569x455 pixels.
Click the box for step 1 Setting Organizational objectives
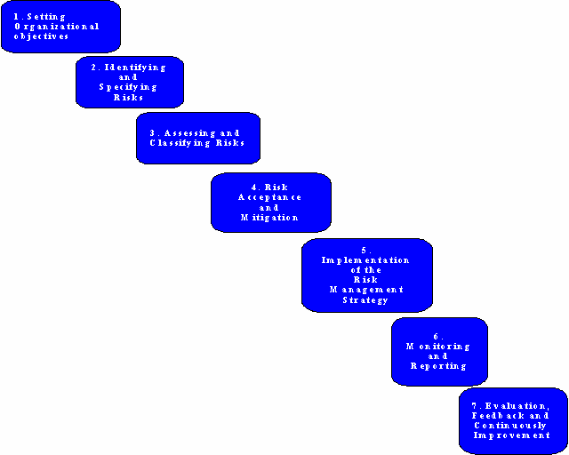point(60,27)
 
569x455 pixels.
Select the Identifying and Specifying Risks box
point(129,82)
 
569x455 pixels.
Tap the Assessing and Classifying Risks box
point(197,138)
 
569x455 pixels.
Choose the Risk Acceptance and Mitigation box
point(270,202)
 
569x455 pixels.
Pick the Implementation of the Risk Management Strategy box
point(366,275)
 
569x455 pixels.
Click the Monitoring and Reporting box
point(439,351)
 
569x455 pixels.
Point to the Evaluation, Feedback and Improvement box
point(512,420)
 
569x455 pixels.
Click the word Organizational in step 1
point(57,27)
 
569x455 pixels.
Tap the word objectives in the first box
point(42,36)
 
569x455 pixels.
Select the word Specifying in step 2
point(128,87)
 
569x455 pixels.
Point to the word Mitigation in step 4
point(269,218)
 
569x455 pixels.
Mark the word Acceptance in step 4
point(270,197)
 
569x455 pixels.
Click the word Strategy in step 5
point(365,300)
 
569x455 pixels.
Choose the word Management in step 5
point(366,290)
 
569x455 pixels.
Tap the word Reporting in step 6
point(438,366)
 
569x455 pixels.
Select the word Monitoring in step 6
point(438,347)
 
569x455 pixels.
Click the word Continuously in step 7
point(511,426)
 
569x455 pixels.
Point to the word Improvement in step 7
point(511,435)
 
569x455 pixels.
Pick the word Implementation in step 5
point(365,260)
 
